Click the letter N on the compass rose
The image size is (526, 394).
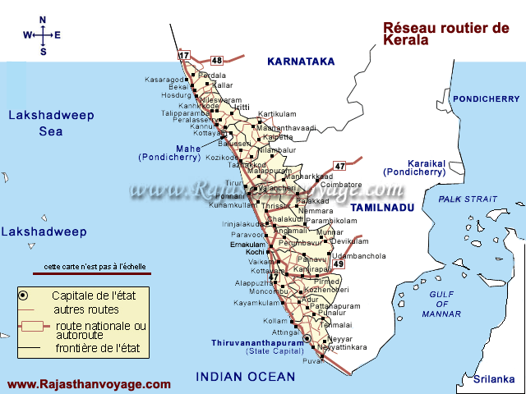click(43, 19)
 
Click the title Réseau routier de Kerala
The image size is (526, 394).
click(446, 34)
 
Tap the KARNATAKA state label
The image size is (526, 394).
click(302, 61)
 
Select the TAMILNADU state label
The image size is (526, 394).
click(380, 208)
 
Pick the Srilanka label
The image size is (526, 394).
click(493, 378)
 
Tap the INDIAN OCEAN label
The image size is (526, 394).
click(245, 377)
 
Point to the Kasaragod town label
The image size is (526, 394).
click(166, 80)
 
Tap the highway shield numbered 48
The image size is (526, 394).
click(217, 60)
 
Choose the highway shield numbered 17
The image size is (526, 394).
click(185, 56)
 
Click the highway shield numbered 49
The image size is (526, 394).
click(338, 264)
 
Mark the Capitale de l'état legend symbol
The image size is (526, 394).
click(25, 295)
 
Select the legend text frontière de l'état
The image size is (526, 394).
click(97, 348)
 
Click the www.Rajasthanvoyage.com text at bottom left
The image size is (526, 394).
click(89, 383)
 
